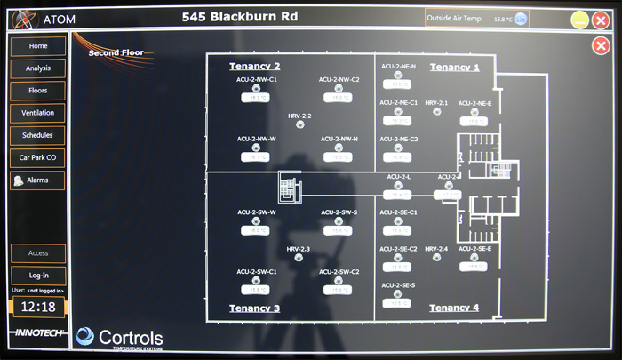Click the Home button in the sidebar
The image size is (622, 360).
click(x=38, y=45)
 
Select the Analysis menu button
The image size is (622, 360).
click(x=38, y=68)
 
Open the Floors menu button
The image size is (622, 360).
click(x=38, y=91)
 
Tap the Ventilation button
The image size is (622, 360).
click(x=38, y=113)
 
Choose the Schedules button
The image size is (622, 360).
click(x=38, y=135)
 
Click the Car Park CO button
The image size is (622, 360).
click(x=38, y=157)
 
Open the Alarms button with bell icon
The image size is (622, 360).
click(x=38, y=180)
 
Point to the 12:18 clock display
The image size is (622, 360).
click(x=38, y=308)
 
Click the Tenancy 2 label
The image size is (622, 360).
click(x=255, y=67)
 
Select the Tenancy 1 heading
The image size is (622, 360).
click(x=454, y=67)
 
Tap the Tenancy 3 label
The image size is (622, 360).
click(x=255, y=308)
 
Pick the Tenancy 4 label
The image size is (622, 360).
click(x=454, y=308)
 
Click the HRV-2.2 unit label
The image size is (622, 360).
click(x=299, y=116)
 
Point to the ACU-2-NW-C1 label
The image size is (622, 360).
click(x=257, y=80)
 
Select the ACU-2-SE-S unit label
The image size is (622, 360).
click(x=398, y=285)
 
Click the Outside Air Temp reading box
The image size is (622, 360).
click(x=477, y=18)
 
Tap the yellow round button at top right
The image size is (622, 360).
click(x=578, y=20)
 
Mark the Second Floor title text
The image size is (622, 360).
click(x=116, y=53)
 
